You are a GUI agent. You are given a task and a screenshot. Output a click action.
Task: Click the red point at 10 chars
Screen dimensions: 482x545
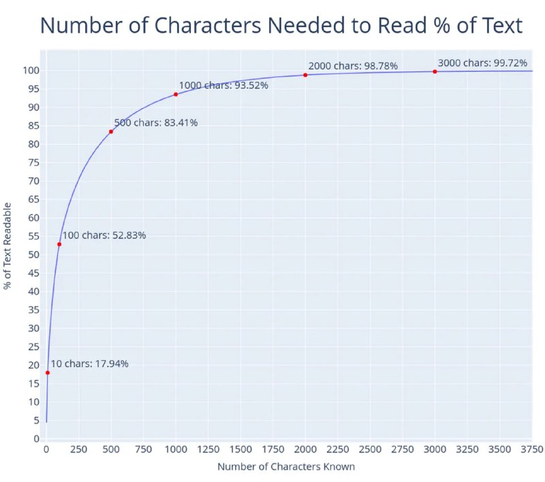point(48,372)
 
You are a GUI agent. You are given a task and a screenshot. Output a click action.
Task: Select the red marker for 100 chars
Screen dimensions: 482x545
point(59,244)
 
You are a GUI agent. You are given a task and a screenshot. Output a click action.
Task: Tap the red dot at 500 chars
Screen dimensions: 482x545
point(111,132)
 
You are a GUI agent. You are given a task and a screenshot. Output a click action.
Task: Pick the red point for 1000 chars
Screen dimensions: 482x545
point(176,94)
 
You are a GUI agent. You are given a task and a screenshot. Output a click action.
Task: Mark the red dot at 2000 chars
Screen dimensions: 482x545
point(305,75)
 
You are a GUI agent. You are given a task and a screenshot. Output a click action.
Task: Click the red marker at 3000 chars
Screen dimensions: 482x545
point(435,72)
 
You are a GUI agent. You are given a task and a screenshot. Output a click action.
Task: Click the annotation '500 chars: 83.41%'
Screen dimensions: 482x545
point(155,123)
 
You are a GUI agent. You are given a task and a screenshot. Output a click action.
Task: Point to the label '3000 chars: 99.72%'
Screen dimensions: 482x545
point(482,63)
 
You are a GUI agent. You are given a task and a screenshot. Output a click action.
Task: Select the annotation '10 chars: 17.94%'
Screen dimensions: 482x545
point(89,363)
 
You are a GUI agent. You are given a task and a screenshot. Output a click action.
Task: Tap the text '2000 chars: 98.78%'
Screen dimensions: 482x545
point(353,66)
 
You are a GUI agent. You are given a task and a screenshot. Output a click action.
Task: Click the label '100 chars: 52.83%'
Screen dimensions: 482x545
point(104,235)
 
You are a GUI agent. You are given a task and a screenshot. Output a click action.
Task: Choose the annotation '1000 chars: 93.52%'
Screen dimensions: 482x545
point(223,85)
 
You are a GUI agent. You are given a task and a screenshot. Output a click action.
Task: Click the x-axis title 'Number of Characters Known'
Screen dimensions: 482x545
point(286,467)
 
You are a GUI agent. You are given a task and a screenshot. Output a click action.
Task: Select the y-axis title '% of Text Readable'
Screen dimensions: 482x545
point(8,245)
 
